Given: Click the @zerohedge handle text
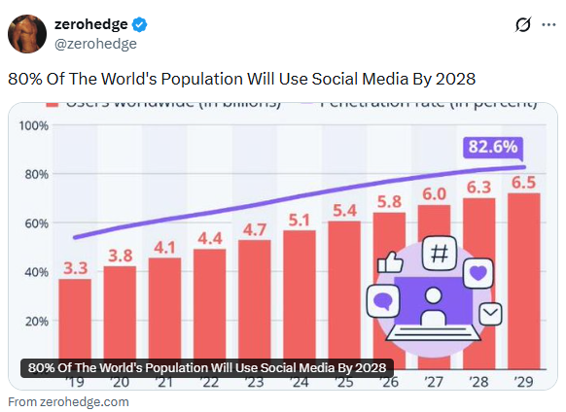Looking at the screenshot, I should pyautogui.click(x=95, y=44).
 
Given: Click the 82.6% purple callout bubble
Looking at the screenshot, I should pyautogui.click(x=493, y=148).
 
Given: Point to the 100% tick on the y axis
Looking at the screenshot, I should pyautogui.click(x=34, y=125).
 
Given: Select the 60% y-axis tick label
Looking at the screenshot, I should pyautogui.click(x=36, y=223).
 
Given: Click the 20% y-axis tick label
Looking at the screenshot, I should pyautogui.click(x=36, y=322).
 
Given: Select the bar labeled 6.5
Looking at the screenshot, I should pyautogui.click(x=524, y=282).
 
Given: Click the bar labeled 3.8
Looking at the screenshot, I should pyautogui.click(x=120, y=316).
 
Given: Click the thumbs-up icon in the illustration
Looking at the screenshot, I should pyautogui.click(x=391, y=263).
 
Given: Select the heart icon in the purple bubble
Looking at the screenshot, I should pyautogui.click(x=478, y=272).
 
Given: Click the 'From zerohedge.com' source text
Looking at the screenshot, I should pyautogui.click(x=68, y=401).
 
